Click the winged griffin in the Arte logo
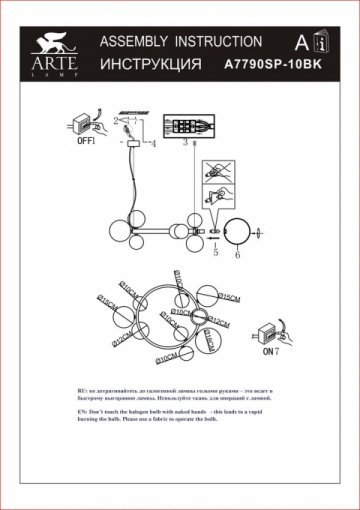47,43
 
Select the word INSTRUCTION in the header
218,42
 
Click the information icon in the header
320,44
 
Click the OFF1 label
86,142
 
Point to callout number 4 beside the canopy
154,144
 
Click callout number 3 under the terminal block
186,144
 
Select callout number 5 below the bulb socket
215,254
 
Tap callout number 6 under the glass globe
237,255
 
